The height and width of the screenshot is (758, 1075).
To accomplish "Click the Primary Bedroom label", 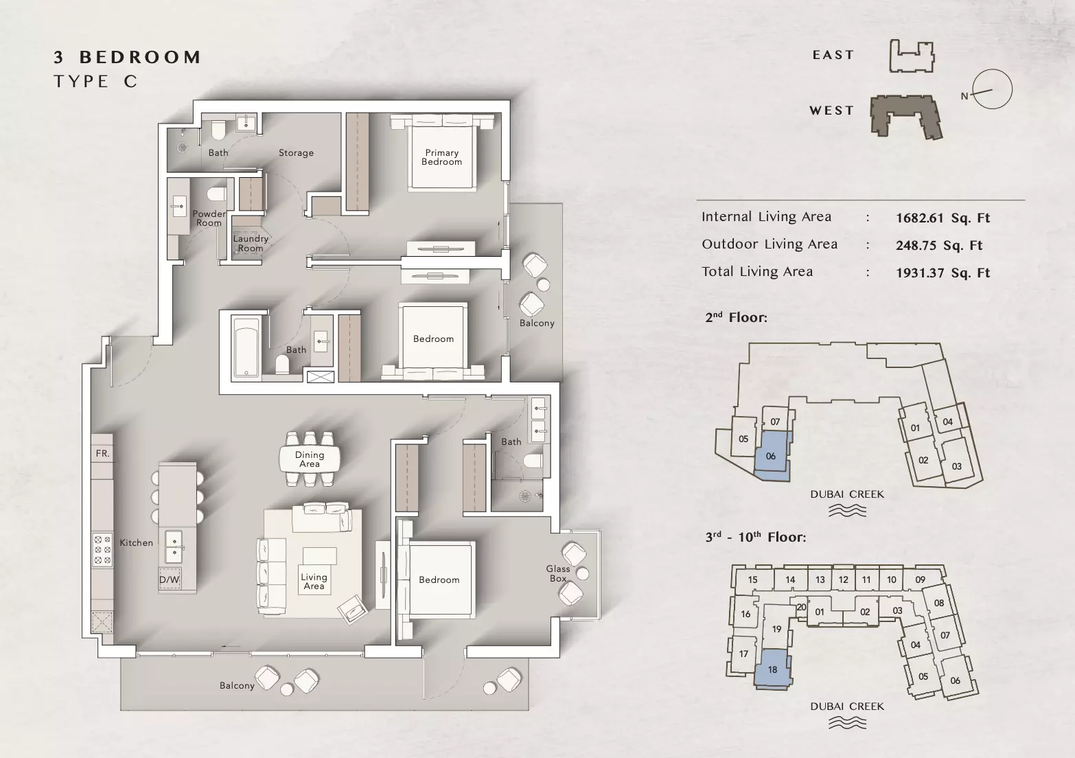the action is [441, 157].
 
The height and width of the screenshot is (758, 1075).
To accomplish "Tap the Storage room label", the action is [296, 152].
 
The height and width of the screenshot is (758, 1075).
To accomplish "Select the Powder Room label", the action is [209, 218].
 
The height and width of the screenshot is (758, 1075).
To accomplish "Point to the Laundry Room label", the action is [251, 243].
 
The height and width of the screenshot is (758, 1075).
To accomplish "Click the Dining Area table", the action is [310, 459].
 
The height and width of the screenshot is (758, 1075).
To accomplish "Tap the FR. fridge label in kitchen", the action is [102, 453].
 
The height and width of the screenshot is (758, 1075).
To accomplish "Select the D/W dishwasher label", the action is [169, 579].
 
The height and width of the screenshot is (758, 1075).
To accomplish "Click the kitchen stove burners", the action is [102, 550].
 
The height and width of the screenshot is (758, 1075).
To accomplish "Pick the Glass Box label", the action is [558, 573].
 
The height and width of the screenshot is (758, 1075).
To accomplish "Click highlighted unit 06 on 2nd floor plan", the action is [771, 456].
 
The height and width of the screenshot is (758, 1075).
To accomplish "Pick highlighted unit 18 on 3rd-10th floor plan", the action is [772, 669].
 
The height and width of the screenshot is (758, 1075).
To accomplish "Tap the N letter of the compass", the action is [964, 96].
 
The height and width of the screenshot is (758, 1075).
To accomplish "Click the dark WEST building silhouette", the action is [906, 117].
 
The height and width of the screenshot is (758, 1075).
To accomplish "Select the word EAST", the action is [833, 55].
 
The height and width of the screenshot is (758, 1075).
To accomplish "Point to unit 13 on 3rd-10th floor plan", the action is [820, 579].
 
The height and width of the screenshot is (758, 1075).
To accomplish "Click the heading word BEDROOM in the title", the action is [140, 57].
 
